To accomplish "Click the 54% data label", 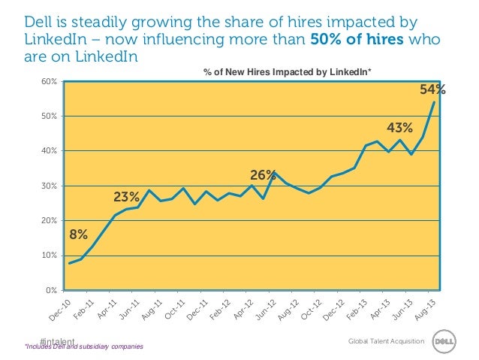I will pyautogui.click(x=432, y=90).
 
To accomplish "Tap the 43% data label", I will pyautogui.click(x=399, y=129).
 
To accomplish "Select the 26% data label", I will pyautogui.click(x=263, y=175).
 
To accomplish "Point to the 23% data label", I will pyautogui.click(x=126, y=198).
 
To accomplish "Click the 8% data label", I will pyautogui.click(x=78, y=234).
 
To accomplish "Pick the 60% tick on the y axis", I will pyautogui.click(x=50, y=81).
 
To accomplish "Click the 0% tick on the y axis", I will pyautogui.click(x=53, y=290).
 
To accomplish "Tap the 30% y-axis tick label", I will pyautogui.click(x=50, y=186).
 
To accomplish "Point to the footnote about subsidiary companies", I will pyautogui.click(x=84, y=346).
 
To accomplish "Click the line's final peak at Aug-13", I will pyautogui.click(x=434, y=103).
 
